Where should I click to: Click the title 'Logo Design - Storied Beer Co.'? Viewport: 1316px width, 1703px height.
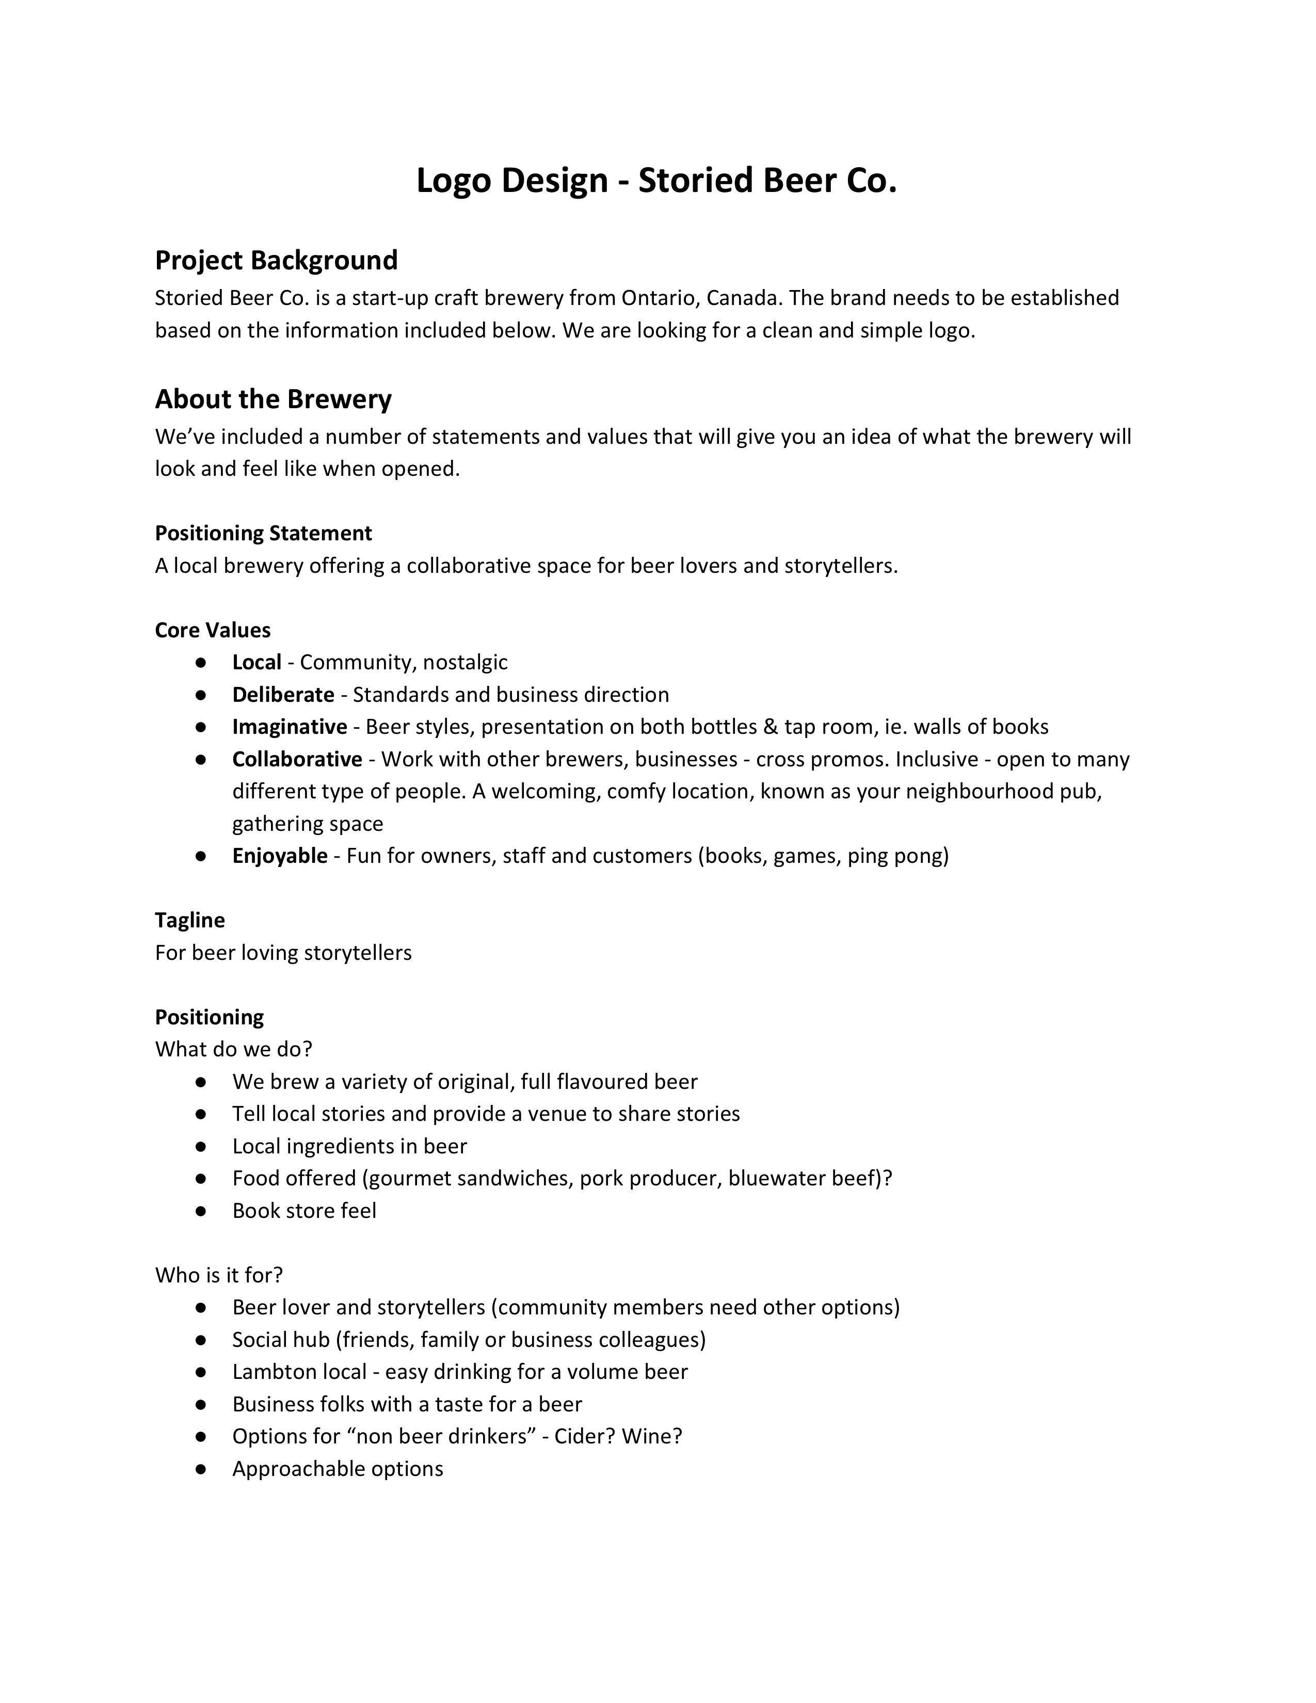coord(656,180)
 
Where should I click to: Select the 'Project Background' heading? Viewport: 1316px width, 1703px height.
coord(276,260)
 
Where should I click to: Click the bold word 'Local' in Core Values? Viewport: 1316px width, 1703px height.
coord(256,662)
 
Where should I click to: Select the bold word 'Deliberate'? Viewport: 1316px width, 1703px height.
coord(283,694)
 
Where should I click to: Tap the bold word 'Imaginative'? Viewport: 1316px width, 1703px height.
coord(289,727)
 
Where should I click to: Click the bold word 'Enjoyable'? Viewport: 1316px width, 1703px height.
coord(280,856)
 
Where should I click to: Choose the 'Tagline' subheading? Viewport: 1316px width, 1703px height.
coord(189,920)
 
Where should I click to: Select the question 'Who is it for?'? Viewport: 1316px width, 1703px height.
coord(218,1275)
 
